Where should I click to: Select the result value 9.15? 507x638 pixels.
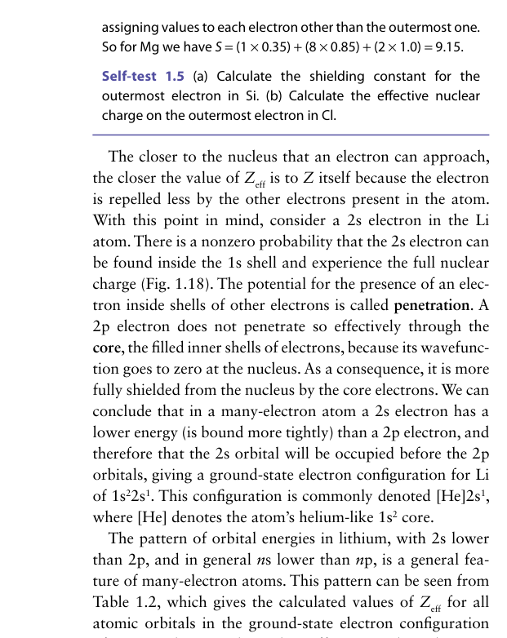pos(447,47)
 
